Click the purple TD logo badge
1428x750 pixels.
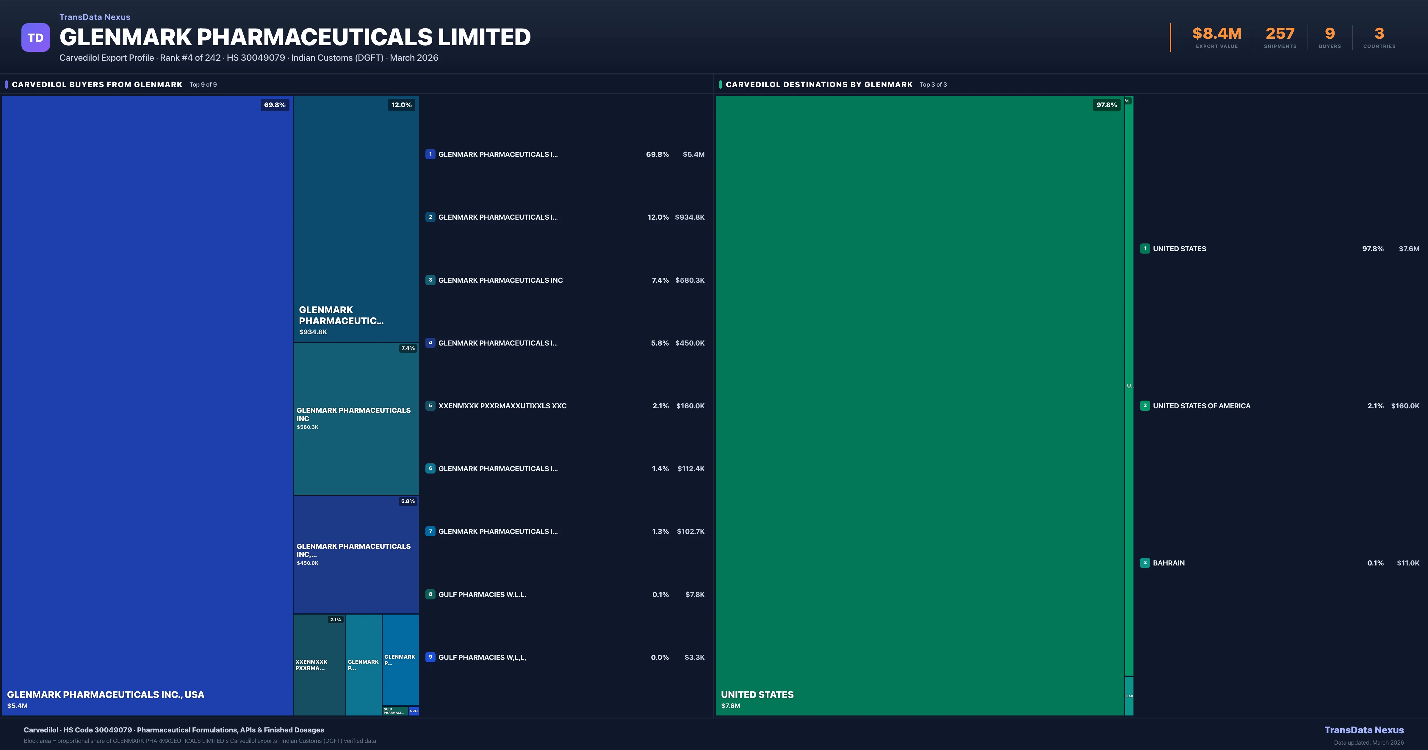[35, 38]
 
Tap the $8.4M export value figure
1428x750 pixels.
[1217, 34]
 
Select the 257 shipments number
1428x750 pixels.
[1280, 34]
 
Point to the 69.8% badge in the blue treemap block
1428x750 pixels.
[274, 105]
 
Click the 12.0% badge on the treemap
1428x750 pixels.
[401, 105]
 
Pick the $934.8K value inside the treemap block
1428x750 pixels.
[313, 332]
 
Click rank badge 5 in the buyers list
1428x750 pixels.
[430, 406]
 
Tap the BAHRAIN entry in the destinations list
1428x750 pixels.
[1169, 563]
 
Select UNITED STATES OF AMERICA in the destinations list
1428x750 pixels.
[1201, 406]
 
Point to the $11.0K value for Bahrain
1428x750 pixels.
[1408, 563]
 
